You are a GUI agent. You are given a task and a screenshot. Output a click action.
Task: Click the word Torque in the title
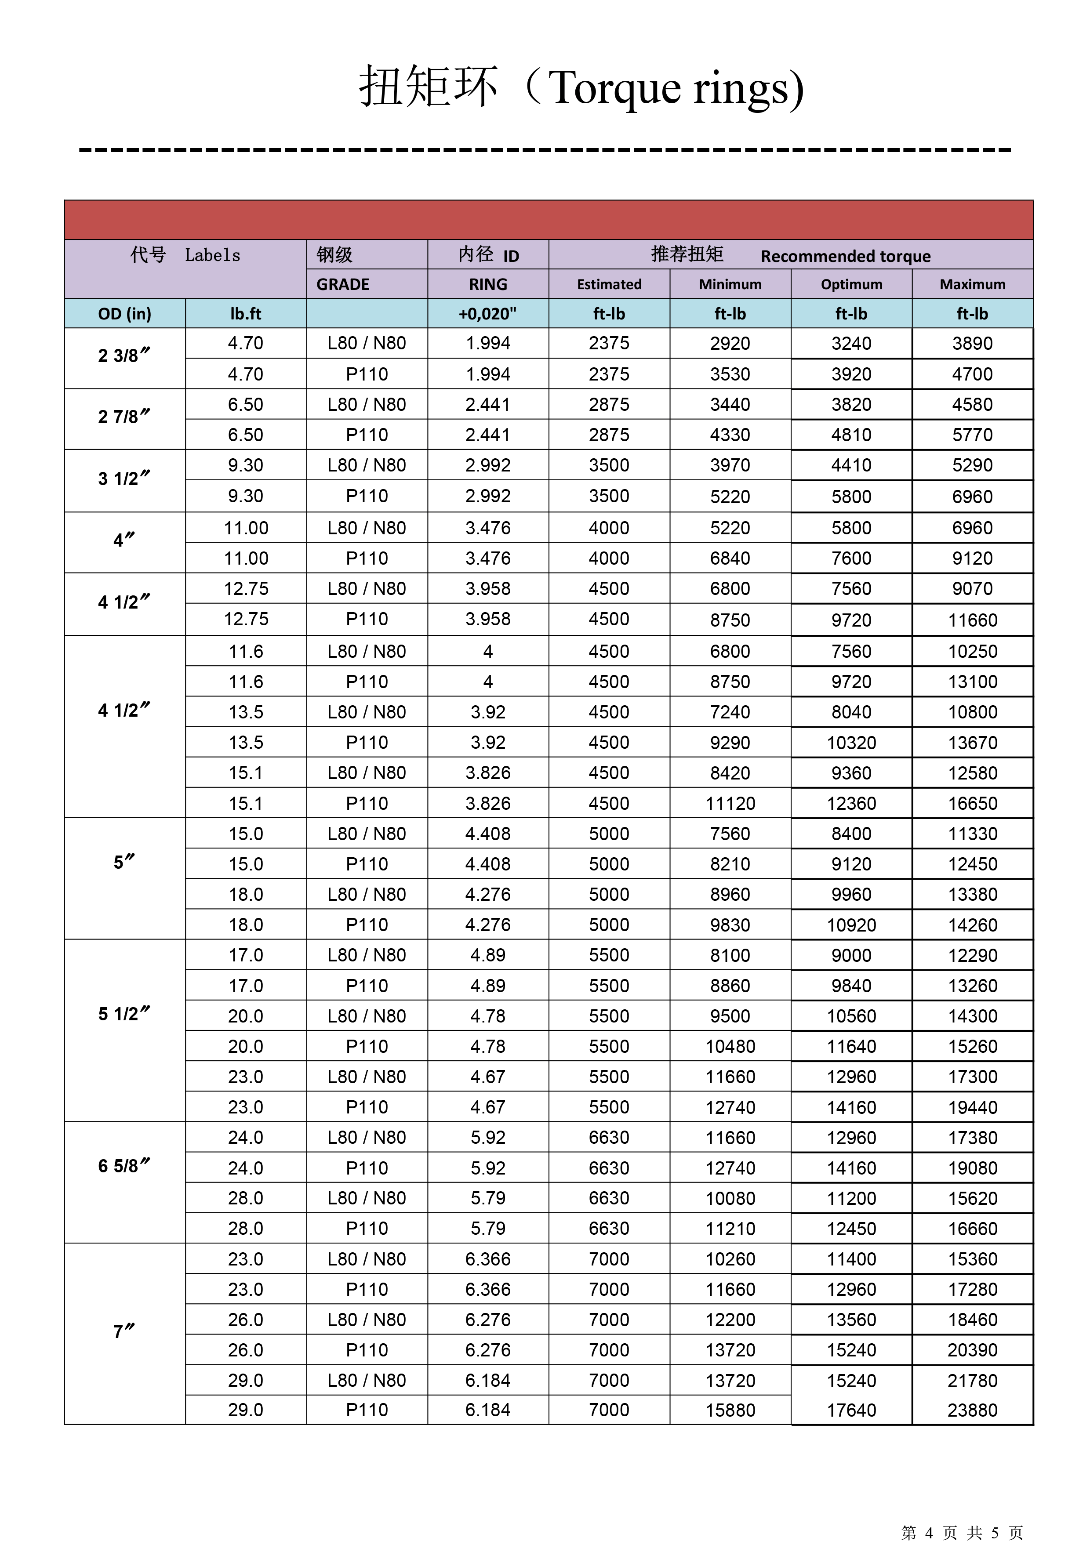(614, 88)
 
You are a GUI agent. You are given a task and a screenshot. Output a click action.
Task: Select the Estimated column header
(609, 285)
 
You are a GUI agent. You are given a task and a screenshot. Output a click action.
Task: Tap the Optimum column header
(851, 285)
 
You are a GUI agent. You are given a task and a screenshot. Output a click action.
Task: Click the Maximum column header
(972, 285)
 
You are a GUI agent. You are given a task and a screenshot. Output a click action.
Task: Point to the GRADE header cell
(343, 285)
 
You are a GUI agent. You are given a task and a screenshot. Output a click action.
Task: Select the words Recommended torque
(845, 256)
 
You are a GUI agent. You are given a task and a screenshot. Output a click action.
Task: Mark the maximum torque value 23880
(972, 1410)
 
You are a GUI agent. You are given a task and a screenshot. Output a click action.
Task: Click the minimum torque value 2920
(730, 344)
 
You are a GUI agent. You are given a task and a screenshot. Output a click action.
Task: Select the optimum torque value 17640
(851, 1410)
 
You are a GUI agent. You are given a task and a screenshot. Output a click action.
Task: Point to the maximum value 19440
(972, 1107)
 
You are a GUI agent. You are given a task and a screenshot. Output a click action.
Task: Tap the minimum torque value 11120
(730, 803)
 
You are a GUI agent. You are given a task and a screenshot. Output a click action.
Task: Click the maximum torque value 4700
(972, 374)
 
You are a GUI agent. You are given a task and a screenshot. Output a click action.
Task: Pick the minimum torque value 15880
(730, 1410)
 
